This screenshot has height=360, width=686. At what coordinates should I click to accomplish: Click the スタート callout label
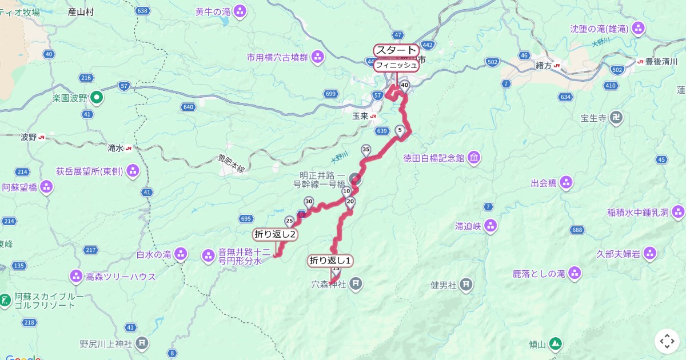396,50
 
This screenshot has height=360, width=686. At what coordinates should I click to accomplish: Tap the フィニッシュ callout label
396,65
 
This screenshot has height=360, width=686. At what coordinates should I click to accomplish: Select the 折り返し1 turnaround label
330,261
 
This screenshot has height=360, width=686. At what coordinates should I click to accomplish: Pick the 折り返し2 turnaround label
274,234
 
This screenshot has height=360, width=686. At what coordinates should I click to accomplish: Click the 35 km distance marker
366,150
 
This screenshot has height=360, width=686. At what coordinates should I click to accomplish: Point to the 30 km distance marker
309,201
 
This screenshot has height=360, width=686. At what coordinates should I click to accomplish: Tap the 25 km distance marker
289,221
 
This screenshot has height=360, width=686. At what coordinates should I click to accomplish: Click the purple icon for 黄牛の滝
240,11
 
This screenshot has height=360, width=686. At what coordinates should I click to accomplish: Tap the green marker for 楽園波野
97,98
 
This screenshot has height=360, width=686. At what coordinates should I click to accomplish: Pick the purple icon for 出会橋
567,183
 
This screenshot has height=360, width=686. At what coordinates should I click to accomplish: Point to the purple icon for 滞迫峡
490,226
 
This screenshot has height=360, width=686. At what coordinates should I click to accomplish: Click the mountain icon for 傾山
555,344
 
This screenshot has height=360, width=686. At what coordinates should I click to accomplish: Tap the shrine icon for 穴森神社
356,282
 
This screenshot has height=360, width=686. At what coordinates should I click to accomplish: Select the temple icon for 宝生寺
616,119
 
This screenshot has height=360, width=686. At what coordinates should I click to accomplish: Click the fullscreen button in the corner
667,341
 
